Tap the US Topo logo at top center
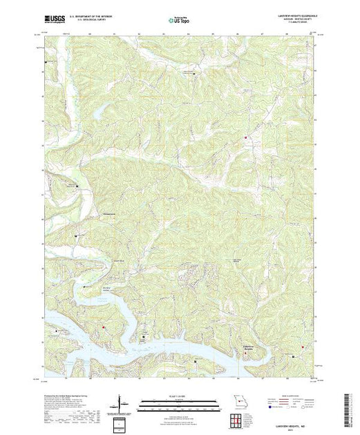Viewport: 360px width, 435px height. pos(180,21)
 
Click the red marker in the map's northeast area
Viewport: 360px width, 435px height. pos(245,138)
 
